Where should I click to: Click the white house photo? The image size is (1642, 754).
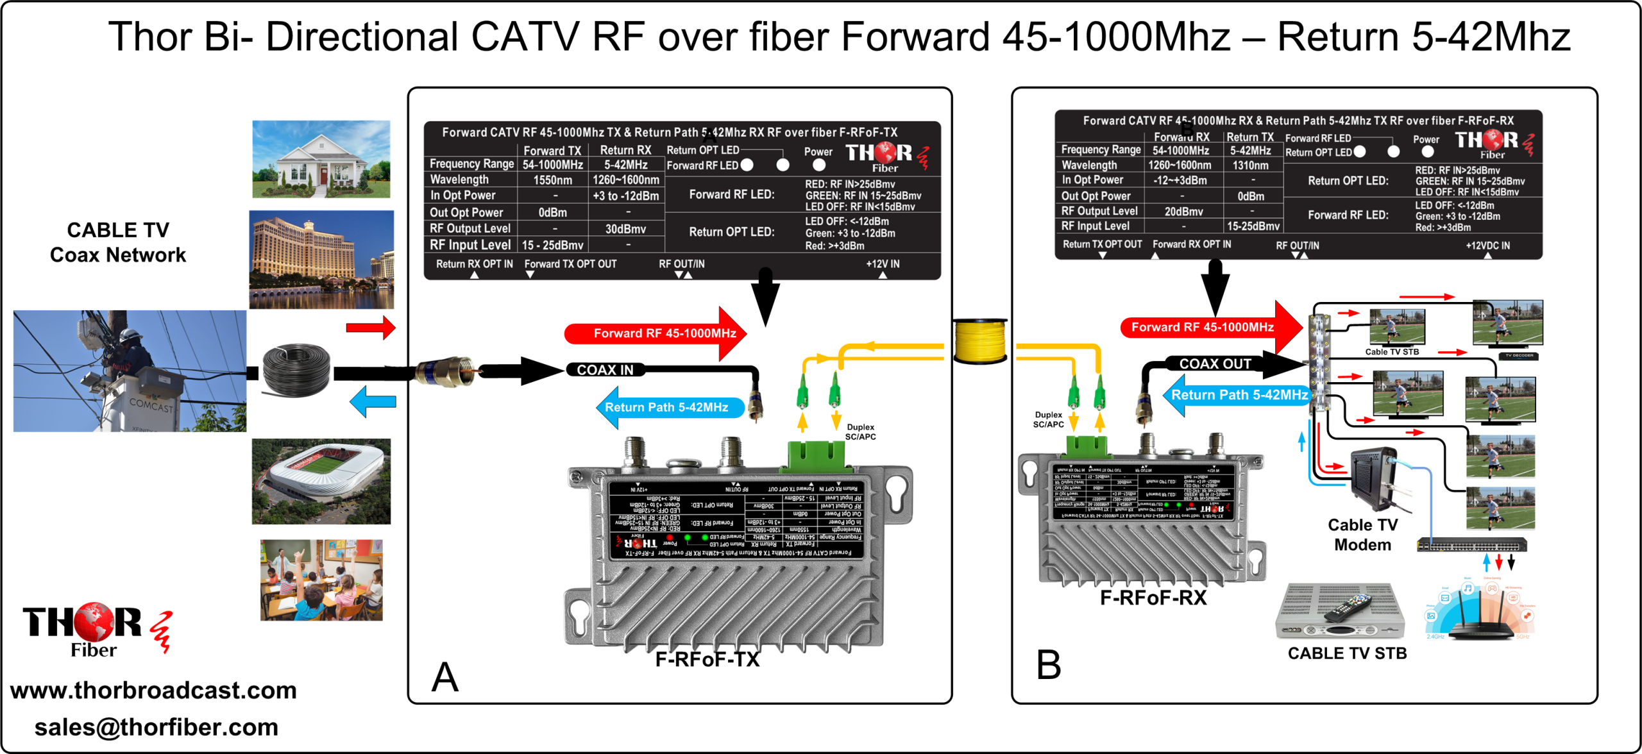click(321, 159)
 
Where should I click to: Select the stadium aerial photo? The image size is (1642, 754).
click(321, 481)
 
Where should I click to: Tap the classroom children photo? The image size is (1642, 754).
click(321, 580)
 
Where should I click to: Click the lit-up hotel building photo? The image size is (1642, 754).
click(321, 259)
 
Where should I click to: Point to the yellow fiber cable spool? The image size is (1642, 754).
click(979, 340)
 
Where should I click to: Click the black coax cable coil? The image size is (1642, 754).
click(297, 371)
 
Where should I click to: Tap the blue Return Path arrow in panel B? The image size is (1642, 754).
click(1235, 395)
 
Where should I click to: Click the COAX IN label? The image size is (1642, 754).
click(605, 370)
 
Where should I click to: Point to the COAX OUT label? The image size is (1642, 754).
click(1215, 364)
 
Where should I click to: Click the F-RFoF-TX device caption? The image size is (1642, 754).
click(707, 659)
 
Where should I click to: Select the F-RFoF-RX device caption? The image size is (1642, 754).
click(1153, 598)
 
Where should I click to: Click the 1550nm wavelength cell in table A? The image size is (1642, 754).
click(552, 180)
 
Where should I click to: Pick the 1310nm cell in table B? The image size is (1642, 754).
click(1250, 165)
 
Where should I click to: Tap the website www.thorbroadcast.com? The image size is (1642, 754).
click(153, 691)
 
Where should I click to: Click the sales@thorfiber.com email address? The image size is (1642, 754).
click(156, 728)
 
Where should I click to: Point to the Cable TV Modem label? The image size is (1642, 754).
click(1362, 535)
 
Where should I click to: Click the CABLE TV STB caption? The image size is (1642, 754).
click(1347, 653)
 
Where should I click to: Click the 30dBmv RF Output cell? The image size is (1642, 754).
click(625, 229)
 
